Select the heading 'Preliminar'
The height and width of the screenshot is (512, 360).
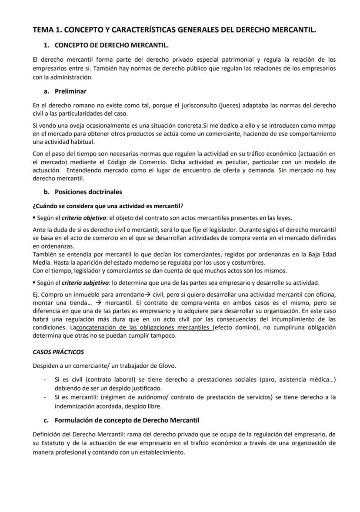click(x=70, y=91)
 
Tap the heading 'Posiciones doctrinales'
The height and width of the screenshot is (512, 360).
click(x=88, y=192)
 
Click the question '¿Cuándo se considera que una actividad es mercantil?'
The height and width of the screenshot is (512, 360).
click(x=111, y=206)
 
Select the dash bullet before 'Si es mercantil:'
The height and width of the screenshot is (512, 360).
click(x=45, y=397)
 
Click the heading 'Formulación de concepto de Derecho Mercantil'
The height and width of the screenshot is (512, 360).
click(x=127, y=420)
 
